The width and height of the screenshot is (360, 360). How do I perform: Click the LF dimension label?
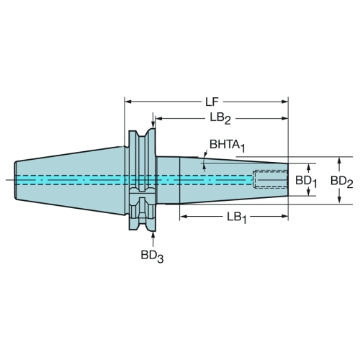point(212,102)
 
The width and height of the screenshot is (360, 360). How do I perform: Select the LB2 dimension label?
point(220,118)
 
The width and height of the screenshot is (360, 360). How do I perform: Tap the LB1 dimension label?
point(237,217)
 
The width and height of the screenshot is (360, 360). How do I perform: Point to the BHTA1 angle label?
point(228,145)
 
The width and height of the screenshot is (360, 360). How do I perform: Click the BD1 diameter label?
point(306,181)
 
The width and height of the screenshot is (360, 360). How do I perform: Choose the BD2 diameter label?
point(342,181)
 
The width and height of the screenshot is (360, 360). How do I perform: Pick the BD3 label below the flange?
point(152,256)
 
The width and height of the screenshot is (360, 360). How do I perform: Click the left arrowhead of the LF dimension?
point(128,102)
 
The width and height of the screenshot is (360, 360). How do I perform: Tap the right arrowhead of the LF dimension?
point(284,102)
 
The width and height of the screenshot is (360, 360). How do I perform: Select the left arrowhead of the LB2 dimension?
point(158,118)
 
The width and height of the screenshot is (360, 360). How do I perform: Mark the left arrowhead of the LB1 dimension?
point(183,217)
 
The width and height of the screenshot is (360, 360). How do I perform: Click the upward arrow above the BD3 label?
point(153,239)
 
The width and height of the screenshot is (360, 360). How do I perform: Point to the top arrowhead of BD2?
point(339,161)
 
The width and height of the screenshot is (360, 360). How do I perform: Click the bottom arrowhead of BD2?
point(339,201)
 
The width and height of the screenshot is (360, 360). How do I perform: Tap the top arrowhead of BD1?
point(309,167)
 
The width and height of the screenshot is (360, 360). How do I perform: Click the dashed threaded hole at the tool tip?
point(271,179)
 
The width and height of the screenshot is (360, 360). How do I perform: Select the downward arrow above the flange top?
point(153,120)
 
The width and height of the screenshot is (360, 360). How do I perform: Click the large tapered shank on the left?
point(70,180)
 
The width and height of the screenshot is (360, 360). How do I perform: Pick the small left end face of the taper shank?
point(15,180)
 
